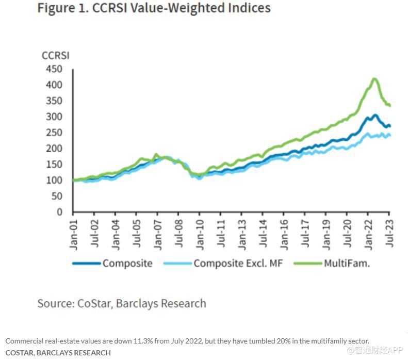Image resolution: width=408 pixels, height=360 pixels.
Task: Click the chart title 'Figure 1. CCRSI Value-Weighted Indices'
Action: (154, 9)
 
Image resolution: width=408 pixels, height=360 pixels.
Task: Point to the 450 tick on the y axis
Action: (54, 69)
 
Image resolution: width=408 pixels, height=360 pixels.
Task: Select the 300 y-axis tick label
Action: (54, 117)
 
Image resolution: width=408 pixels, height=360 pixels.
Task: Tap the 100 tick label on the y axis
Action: (54, 180)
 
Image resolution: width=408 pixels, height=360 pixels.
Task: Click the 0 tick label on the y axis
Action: (59, 212)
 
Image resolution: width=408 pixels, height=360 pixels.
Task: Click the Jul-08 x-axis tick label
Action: (178, 232)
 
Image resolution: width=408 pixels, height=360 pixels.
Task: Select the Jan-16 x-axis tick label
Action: (284, 232)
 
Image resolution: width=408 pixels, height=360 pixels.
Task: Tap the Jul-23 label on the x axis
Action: (389, 232)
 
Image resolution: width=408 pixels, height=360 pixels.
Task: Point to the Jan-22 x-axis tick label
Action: (368, 232)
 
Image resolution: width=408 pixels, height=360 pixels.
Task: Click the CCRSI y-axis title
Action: (56, 55)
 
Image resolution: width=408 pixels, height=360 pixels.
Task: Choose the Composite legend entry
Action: (127, 263)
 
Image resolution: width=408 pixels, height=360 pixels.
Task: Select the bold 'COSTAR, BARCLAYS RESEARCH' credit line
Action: (58, 353)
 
